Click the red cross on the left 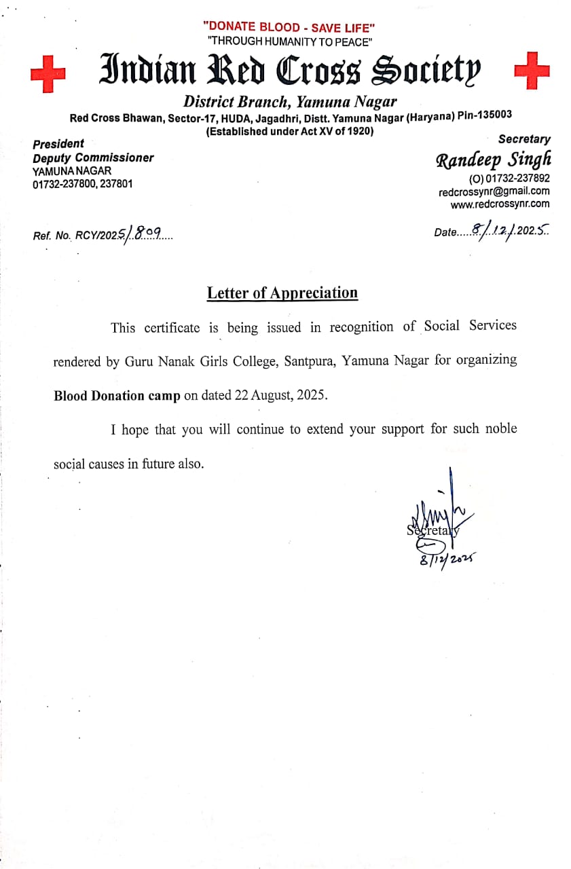point(47,73)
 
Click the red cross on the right point(532,69)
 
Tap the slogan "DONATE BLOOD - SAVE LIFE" point(289,27)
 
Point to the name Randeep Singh point(493,160)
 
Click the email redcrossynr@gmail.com point(494,191)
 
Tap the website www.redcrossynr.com point(500,204)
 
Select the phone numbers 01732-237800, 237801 point(83,184)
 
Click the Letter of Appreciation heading point(282,293)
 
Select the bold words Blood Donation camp point(117,396)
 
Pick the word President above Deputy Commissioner point(58,144)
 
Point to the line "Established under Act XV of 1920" point(290,132)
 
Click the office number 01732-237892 point(510,179)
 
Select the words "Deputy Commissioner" point(93,158)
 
